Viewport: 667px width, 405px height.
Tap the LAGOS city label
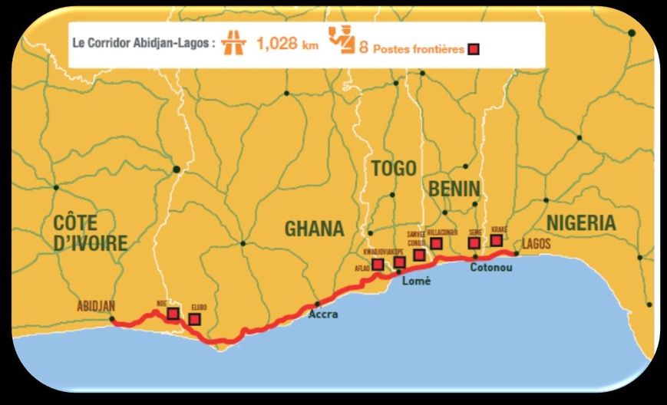click(536, 243)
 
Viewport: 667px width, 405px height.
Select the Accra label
click(322, 314)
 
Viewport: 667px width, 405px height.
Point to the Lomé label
click(417, 282)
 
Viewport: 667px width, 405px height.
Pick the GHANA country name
click(314, 229)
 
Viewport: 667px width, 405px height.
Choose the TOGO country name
click(393, 169)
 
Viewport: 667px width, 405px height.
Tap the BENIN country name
click(454, 189)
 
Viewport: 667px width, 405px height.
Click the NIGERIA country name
click(580, 223)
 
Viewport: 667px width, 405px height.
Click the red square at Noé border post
click(173, 314)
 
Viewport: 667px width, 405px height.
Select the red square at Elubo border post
click(195, 319)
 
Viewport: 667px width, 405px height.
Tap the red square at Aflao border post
click(378, 265)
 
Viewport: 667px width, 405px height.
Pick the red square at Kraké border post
click(497, 240)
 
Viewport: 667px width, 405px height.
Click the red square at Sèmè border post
click(474, 243)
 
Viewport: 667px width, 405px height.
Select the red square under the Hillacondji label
click(437, 243)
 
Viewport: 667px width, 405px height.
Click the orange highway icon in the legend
click(231, 44)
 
